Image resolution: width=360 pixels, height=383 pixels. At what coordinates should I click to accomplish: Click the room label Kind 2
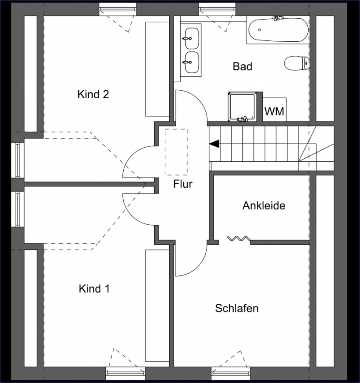click(x=93, y=94)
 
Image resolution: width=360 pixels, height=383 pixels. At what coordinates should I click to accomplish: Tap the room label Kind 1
click(x=94, y=289)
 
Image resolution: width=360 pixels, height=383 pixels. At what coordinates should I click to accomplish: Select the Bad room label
click(x=242, y=66)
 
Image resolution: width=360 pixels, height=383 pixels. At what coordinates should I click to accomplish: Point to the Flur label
click(x=183, y=184)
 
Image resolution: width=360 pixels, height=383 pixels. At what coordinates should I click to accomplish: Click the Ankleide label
click(x=264, y=206)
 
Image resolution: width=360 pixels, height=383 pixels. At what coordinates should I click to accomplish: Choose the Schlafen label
click(x=237, y=308)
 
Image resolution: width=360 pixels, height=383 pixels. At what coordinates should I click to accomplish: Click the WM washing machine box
click(x=275, y=109)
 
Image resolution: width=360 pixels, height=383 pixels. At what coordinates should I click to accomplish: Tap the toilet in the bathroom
click(x=297, y=63)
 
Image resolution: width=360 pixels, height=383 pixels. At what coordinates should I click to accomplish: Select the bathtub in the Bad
click(x=278, y=30)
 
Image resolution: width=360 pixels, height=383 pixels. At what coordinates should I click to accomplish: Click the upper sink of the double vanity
click(x=192, y=38)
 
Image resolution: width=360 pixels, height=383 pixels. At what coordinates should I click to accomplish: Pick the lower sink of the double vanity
click(x=192, y=62)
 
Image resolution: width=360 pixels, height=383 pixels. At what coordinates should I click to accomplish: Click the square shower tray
click(x=242, y=106)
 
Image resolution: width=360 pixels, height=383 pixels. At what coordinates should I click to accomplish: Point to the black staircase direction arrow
click(x=214, y=144)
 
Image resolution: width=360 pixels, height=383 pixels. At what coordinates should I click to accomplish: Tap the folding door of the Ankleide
click(x=238, y=238)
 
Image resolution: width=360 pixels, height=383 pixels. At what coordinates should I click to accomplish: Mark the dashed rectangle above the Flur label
click(x=176, y=152)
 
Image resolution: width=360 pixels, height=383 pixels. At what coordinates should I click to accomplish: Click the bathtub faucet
click(x=278, y=18)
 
